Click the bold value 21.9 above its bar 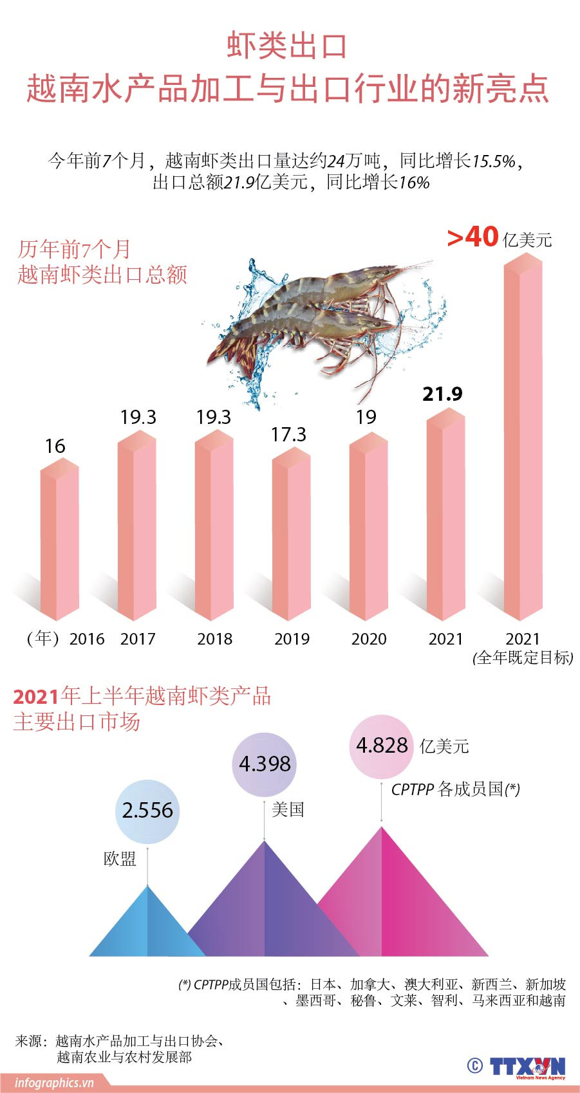[442, 394]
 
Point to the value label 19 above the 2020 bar [366, 418]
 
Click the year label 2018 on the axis [214, 639]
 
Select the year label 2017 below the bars [138, 639]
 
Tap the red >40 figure [473, 237]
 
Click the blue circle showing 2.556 [147, 811]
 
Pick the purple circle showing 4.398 [265, 764]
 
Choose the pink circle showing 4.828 [382, 746]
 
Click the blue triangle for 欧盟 [147, 926]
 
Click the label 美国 [288, 809]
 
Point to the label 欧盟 [120, 859]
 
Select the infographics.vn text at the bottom [54, 1083]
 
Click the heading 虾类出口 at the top [287, 47]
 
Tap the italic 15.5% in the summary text [494, 161]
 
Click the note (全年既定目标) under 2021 [523, 657]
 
